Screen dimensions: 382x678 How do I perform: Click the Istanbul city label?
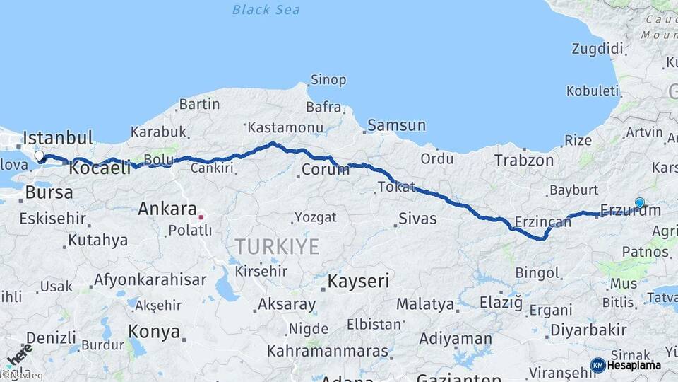pyautogui.click(x=58, y=137)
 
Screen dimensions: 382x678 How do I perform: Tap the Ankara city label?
pyautogui.click(x=167, y=209)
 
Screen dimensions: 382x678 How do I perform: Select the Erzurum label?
pyautogui.click(x=630, y=210)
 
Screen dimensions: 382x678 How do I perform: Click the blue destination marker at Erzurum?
pyautogui.click(x=640, y=203)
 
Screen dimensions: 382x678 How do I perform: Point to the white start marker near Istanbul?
pyautogui.click(x=39, y=156)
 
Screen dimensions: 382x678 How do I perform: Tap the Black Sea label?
pyautogui.click(x=266, y=10)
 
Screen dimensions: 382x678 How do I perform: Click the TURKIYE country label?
pyautogui.click(x=277, y=247)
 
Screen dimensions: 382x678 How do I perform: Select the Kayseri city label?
pyautogui.click(x=358, y=282)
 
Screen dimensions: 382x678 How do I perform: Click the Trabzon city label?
pyautogui.click(x=524, y=161)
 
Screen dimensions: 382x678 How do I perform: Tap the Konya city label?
pyautogui.click(x=153, y=330)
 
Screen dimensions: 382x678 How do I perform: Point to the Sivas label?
pyautogui.click(x=417, y=219)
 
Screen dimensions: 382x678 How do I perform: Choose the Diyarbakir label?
pyautogui.click(x=588, y=330)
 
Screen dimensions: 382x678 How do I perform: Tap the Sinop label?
pyautogui.click(x=328, y=80)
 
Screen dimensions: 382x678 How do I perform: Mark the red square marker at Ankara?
pyautogui.click(x=201, y=217)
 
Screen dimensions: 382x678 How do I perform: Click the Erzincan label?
pyautogui.click(x=542, y=222)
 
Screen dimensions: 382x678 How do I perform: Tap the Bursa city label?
pyautogui.click(x=49, y=192)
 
